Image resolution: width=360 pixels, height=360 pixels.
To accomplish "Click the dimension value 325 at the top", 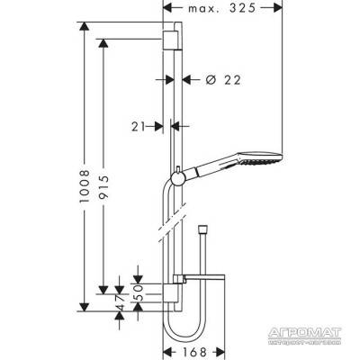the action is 242,8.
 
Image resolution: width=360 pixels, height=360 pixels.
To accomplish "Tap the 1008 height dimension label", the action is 85,186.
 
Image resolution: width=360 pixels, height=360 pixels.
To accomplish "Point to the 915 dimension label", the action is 103,187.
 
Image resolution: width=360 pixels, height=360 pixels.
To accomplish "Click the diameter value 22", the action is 232,80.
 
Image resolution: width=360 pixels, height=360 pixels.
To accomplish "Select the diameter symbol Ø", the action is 211,80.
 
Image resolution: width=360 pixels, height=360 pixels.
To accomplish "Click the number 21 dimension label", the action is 138,127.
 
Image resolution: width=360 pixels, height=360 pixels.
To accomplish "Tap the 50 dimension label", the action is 138,292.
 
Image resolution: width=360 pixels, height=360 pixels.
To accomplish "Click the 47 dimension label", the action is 120,302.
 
